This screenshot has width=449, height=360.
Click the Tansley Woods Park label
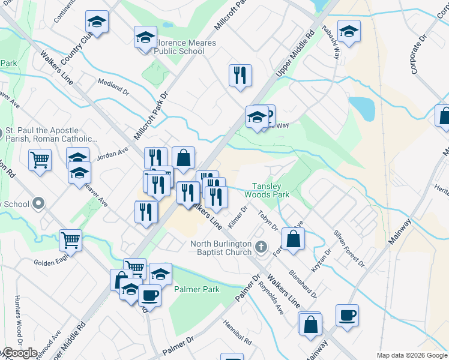(x=270, y=190)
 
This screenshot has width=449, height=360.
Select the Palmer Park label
(x=197, y=289)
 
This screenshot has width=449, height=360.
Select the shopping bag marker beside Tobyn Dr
(x=293, y=238)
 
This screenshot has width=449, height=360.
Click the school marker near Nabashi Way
(x=349, y=31)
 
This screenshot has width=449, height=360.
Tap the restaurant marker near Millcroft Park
(x=240, y=75)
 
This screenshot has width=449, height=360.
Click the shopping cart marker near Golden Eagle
(x=71, y=240)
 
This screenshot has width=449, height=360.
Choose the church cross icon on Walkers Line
(x=261, y=247)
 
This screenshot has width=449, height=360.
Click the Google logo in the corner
(x=20, y=353)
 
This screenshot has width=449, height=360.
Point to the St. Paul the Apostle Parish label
(x=42, y=135)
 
